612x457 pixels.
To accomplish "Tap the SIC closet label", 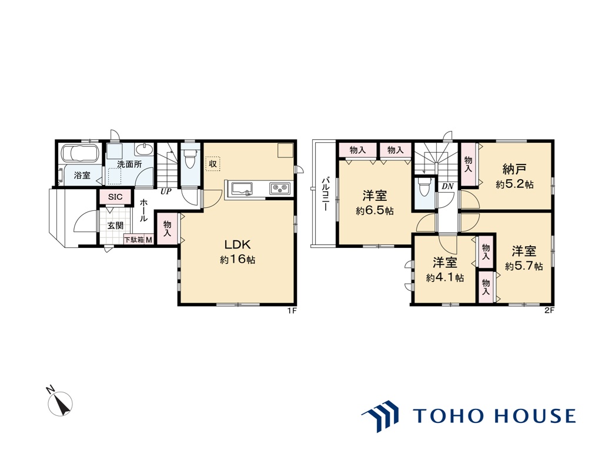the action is pos(115,197).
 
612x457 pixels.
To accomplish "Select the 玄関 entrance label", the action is pos(115,226).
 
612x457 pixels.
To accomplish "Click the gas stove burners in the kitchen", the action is pos(279,189).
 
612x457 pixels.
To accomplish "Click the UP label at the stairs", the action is pos(166,192).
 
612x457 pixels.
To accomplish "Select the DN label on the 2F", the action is pos(447,187).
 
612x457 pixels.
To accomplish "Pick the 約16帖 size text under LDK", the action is pos(238,259).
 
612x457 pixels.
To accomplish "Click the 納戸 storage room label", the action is pos(514,169).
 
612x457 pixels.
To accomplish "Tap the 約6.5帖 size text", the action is pos(374,211).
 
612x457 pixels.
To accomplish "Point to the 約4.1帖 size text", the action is pos(445,278).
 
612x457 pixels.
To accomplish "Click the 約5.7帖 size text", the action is pos(524,266).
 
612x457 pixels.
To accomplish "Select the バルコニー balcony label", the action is pos(325,194).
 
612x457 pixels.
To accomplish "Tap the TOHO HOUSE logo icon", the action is pos(380,416).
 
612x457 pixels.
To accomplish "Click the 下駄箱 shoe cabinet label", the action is pos(134,240).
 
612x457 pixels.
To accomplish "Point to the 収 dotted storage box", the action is pos(213,164).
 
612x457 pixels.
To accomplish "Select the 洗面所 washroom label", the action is pos(129,164).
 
